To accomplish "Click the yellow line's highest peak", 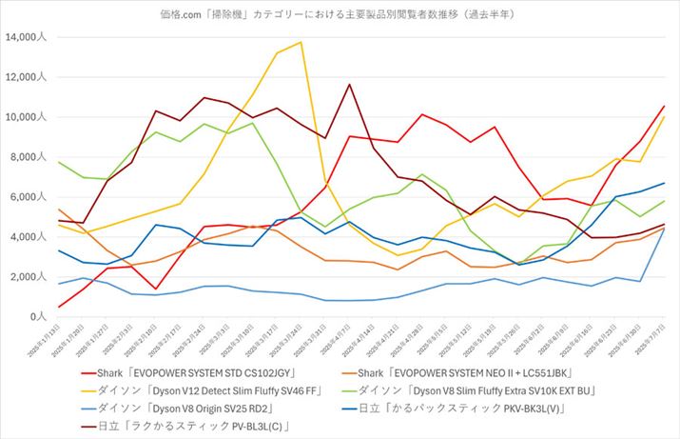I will pyautogui.click(x=301, y=42).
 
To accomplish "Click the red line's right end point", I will pyautogui.click(x=663, y=107).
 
